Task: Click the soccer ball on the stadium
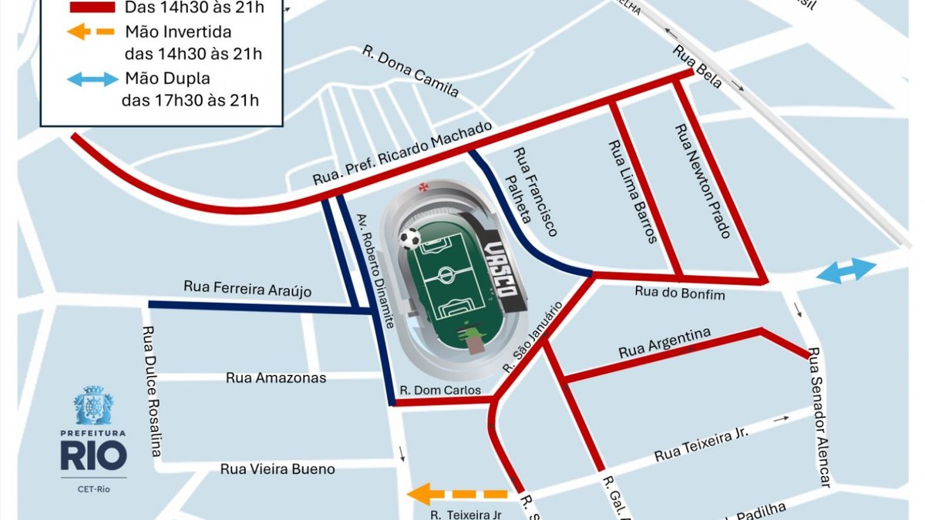(411, 238)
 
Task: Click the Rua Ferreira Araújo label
(247, 287)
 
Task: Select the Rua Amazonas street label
(276, 377)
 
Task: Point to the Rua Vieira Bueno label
(277, 469)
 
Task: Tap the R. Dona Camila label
(411, 72)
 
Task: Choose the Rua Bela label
(698, 67)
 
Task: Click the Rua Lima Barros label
(632, 192)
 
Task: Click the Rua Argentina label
(664, 343)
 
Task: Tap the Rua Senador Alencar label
(819, 417)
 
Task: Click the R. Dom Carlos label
(441, 391)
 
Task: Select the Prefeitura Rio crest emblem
(93, 406)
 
